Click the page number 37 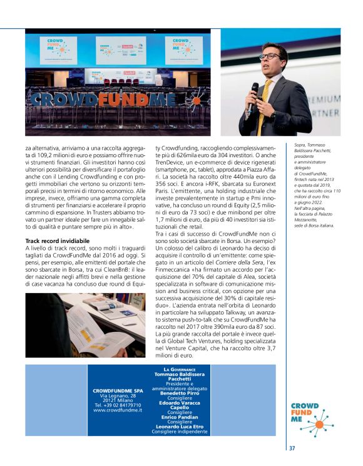pos(292,448)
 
